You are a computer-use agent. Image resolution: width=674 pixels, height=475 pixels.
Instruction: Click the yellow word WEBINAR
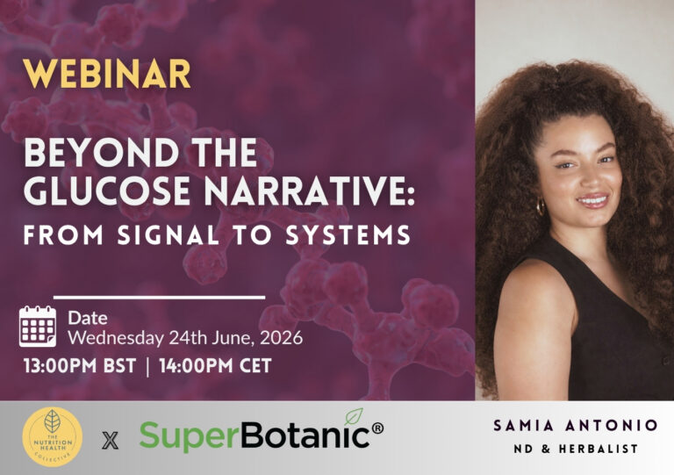106,74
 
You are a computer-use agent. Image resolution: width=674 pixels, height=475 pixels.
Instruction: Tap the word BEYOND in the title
102,153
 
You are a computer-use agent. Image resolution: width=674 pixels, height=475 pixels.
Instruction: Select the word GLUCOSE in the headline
107,191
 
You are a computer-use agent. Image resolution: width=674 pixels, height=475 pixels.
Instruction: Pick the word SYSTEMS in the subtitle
348,235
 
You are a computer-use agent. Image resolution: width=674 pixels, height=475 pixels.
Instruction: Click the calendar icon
38,327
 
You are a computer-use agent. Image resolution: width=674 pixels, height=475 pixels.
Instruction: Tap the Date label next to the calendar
88,318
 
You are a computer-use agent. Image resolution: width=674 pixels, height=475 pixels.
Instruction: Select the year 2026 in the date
281,338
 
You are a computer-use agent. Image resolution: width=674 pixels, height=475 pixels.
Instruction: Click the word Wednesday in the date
116,338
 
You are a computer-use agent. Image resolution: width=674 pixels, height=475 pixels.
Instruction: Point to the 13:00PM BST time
80,366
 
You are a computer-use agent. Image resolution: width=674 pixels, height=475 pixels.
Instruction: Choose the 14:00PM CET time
215,366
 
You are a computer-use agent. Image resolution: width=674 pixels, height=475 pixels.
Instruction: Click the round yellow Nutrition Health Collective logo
53,437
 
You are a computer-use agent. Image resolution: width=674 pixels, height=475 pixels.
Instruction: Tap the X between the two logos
111,441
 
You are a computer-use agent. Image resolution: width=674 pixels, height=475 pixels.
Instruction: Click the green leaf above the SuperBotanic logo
354,416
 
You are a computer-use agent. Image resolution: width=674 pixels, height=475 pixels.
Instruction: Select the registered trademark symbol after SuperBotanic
377,428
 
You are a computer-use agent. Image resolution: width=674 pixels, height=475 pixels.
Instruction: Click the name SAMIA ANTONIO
576,426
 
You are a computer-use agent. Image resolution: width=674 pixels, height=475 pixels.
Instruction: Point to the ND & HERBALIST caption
576,449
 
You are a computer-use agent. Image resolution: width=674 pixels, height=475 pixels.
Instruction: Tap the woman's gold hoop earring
541,206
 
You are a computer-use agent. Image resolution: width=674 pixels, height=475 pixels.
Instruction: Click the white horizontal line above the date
159,297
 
